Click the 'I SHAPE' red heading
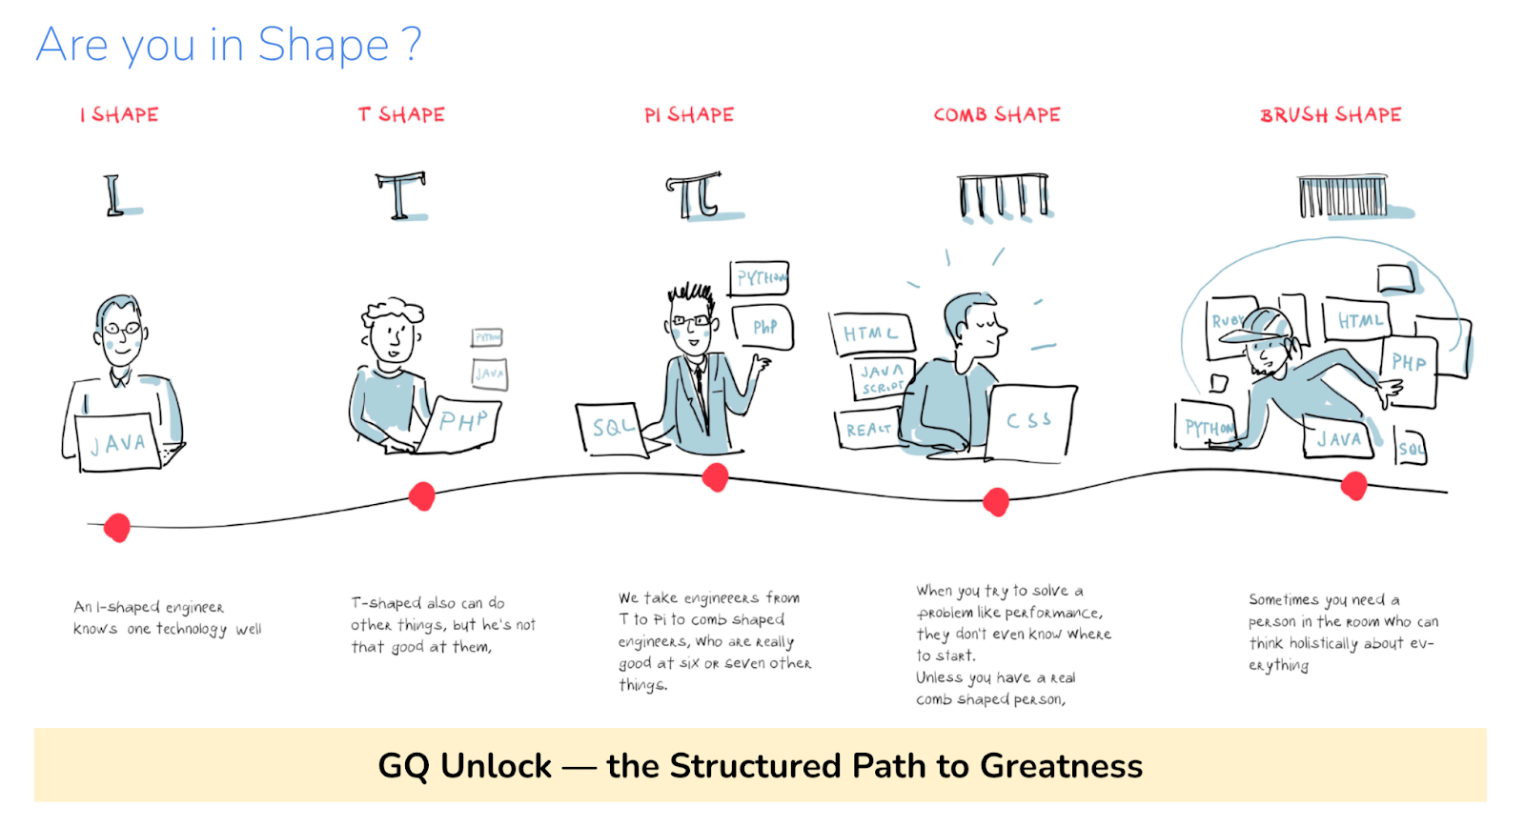[x=120, y=115]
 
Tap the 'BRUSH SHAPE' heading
[x=1331, y=115]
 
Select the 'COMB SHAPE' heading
[x=997, y=115]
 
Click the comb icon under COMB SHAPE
[x=1004, y=196]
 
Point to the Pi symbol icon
[x=695, y=195]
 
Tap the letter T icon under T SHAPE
[x=400, y=195]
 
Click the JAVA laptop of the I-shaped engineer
[x=118, y=443]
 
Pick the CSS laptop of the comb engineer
[x=1029, y=420]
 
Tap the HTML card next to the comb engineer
[x=870, y=333]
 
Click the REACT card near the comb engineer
[x=867, y=430]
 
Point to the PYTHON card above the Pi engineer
[x=760, y=278]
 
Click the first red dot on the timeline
[x=117, y=527]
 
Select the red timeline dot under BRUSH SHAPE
[x=1353, y=486]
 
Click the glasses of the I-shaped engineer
[x=122, y=330]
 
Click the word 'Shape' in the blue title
[x=323, y=45]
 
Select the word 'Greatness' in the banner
[x=1061, y=766]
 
